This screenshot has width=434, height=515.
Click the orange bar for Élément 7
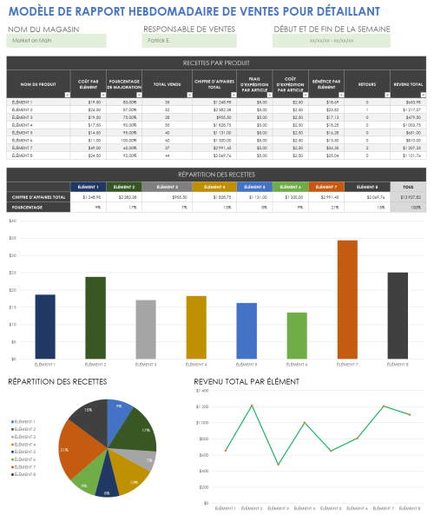pyautogui.click(x=347, y=300)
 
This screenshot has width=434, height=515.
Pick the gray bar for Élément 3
pyautogui.click(x=146, y=329)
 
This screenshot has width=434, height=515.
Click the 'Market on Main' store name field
pyautogui.click(x=56, y=41)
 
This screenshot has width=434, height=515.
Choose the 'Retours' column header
pyautogui.click(x=367, y=84)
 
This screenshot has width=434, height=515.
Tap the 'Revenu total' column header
pyautogui.click(x=408, y=84)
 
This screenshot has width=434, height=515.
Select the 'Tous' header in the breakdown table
pyautogui.click(x=407, y=187)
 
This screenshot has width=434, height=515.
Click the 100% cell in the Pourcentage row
pyautogui.click(x=407, y=208)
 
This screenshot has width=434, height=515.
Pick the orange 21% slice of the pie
pyautogui.click(x=76, y=450)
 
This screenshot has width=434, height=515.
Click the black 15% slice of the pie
pyautogui.click(x=87, y=414)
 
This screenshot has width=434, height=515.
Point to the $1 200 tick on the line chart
pyautogui.click(x=203, y=406)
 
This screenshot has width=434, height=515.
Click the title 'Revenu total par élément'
pyautogui.click(x=247, y=381)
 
